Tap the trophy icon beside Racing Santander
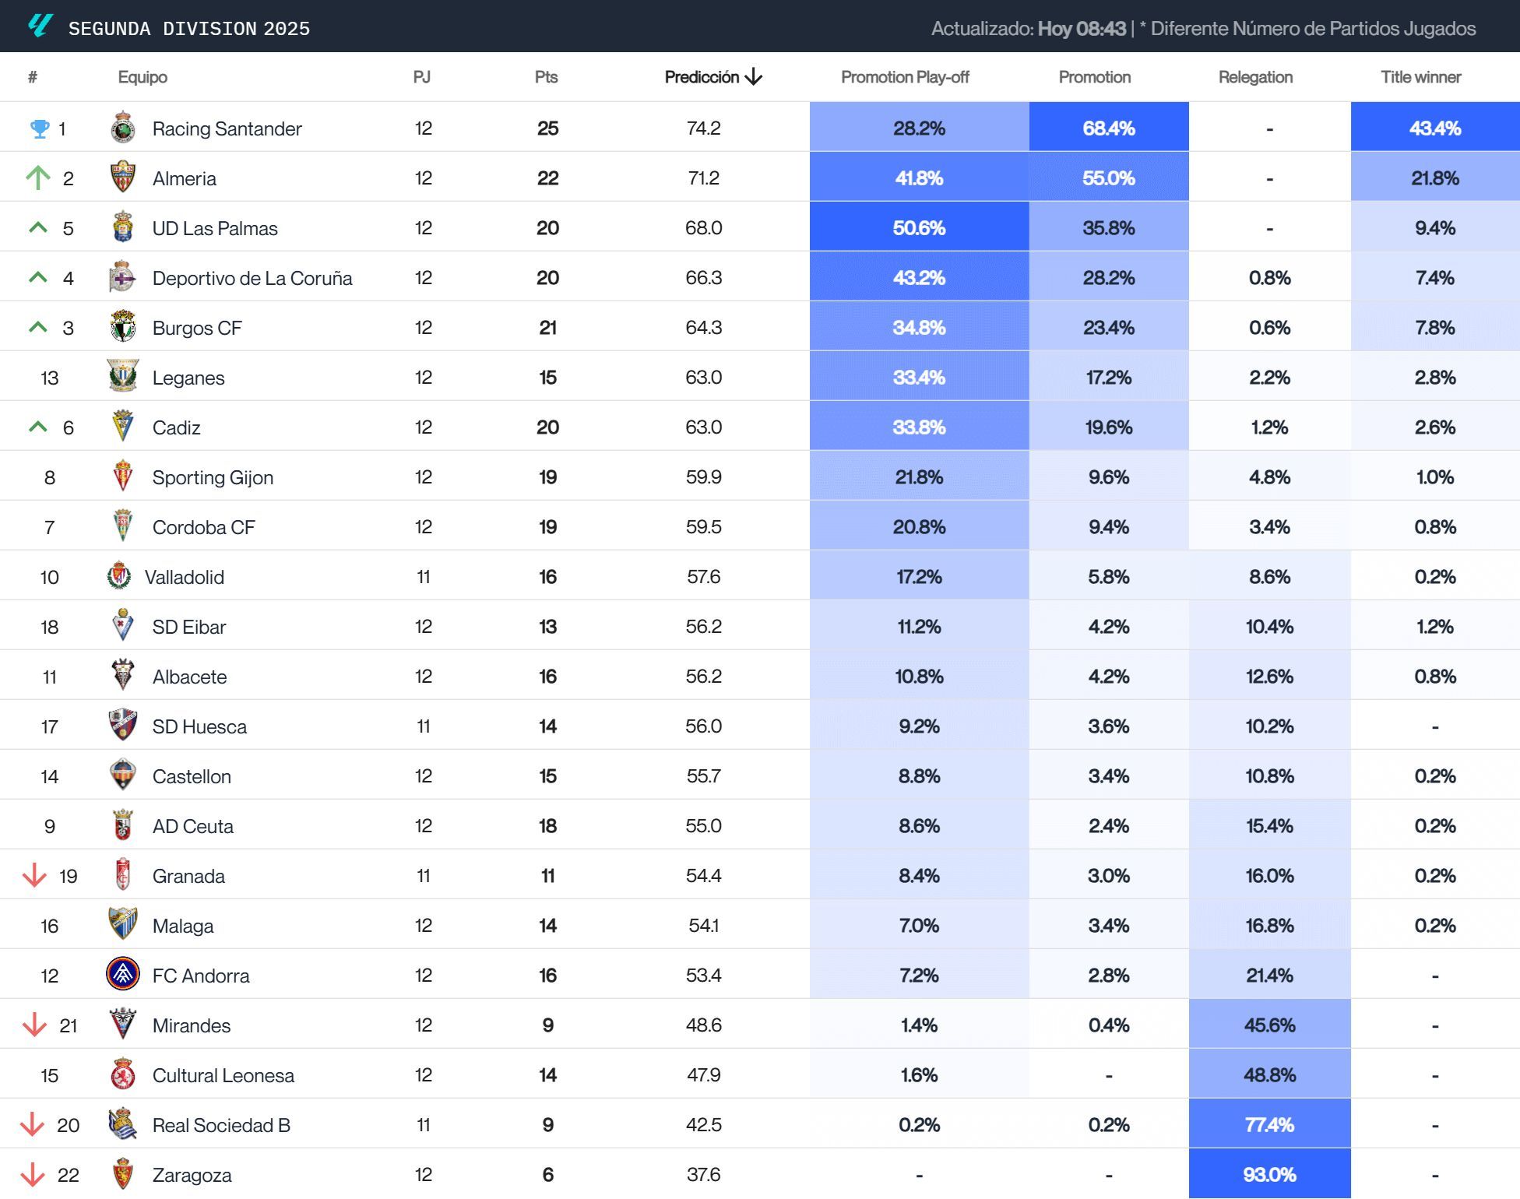39,128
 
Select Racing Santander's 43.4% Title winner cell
1434,128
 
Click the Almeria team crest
123,178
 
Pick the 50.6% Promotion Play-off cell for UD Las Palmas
919,228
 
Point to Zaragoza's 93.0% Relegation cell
1269,1174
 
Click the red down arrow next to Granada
34,876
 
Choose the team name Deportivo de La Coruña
252,278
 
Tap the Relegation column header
1255,77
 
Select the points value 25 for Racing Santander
547,128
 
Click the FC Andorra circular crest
123,975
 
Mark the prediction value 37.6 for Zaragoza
703,1174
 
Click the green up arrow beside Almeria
37,178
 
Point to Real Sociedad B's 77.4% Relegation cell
1269,1124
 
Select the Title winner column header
1420,77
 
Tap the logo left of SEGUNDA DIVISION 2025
40,26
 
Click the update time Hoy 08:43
1082,29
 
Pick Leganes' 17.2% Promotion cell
1108,378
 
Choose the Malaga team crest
123,924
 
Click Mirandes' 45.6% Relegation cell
1269,1025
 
